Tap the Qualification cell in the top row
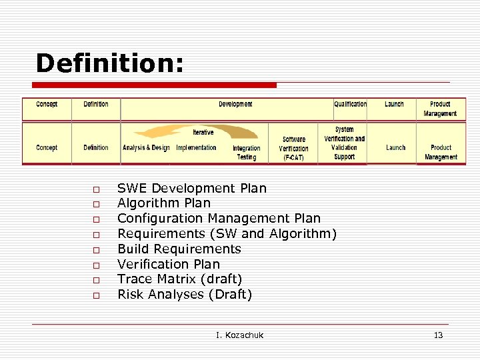pyautogui.click(x=350, y=104)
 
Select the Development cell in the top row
pyautogui.click(x=235, y=104)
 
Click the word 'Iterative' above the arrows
pyautogui.click(x=203, y=132)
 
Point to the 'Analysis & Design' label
pyautogui.click(x=146, y=147)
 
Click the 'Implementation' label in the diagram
pyautogui.click(x=196, y=147)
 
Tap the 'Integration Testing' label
pyautogui.click(x=247, y=153)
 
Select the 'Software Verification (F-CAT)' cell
pyautogui.click(x=293, y=149)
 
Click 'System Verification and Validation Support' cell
pyautogui.click(x=345, y=143)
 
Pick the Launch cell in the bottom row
pyautogui.click(x=395, y=147)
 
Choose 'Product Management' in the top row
pyautogui.click(x=440, y=109)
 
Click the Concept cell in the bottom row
pyautogui.click(x=47, y=147)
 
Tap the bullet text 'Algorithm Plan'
pyautogui.click(x=163, y=203)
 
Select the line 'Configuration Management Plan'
pyautogui.click(x=219, y=219)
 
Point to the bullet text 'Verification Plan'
pyautogui.click(x=168, y=264)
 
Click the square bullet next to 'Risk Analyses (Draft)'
pyautogui.click(x=96, y=295)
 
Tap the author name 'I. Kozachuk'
pyautogui.click(x=239, y=335)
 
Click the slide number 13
pyautogui.click(x=438, y=335)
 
